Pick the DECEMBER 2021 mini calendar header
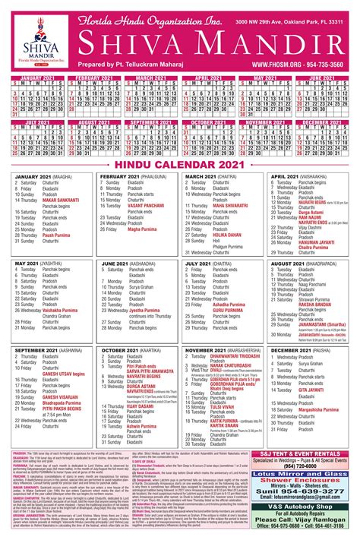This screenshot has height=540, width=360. coord(322,122)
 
